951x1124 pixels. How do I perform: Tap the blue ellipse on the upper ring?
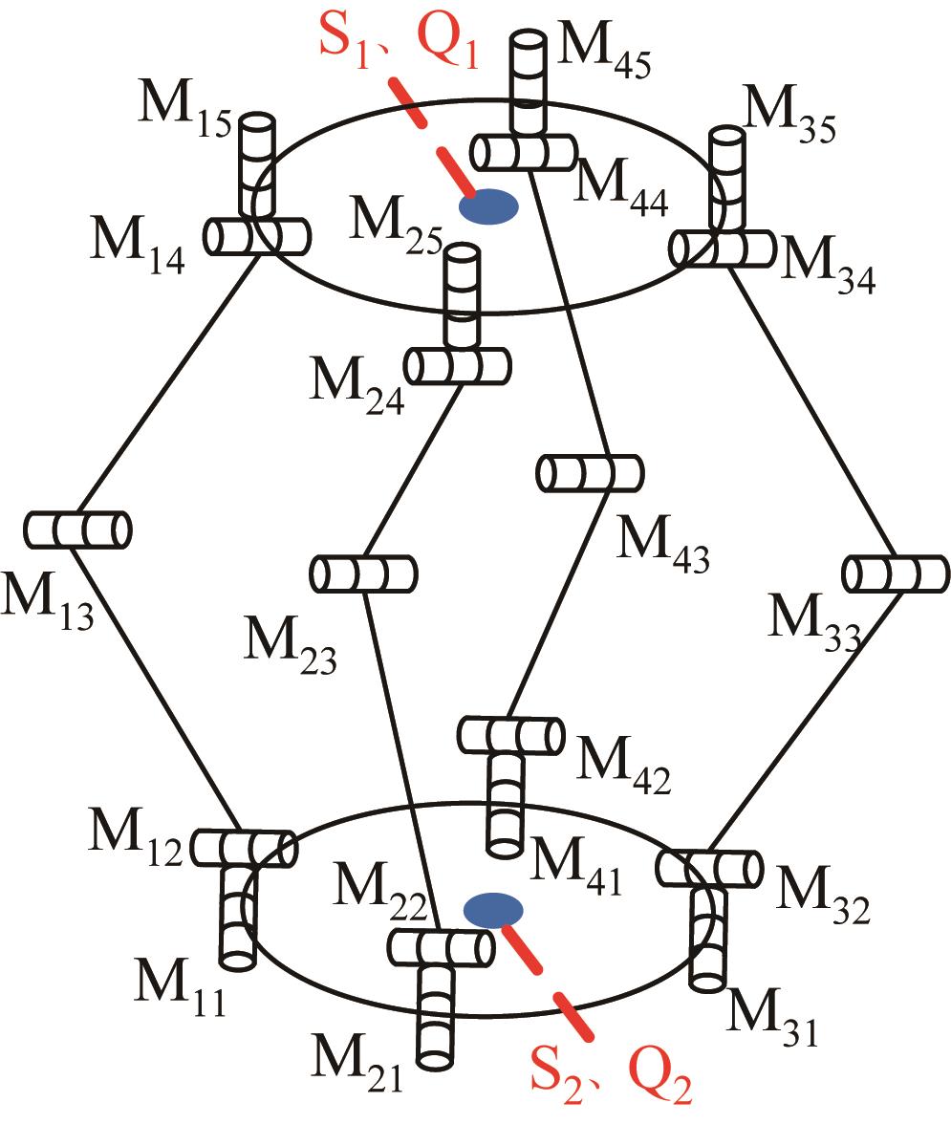[489, 205]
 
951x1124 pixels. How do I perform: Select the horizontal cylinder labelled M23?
[363, 574]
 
